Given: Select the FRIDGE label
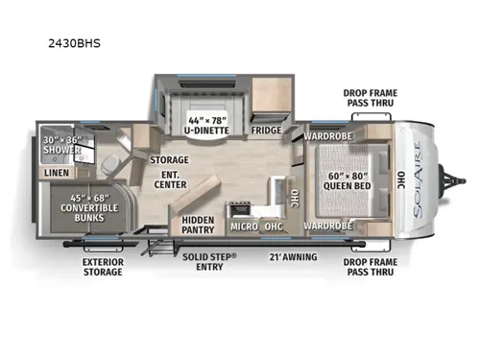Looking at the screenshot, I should click(x=265, y=130).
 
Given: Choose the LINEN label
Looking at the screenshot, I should click(x=56, y=173).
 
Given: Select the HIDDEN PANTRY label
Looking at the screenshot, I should click(x=197, y=225).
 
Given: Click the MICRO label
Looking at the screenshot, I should click(x=243, y=227).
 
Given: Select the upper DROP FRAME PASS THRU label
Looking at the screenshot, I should click(x=370, y=99).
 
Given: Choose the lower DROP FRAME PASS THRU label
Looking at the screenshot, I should click(x=370, y=266).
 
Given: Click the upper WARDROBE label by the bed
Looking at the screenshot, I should click(x=329, y=136).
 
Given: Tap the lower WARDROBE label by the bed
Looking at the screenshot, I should click(x=329, y=227).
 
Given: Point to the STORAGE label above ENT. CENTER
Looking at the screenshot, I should click(x=169, y=159).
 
